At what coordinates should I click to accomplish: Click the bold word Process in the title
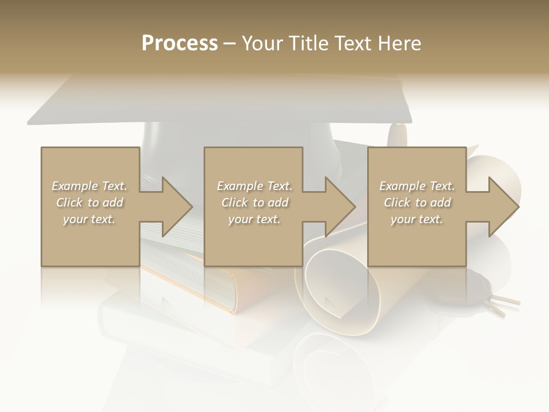pos(180,43)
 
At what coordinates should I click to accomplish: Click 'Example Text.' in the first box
pos(89,186)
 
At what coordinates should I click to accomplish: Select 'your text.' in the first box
pos(89,219)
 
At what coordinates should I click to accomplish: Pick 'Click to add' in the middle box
pos(254,203)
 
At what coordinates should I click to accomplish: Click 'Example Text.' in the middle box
pos(254,186)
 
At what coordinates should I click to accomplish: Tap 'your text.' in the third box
pos(417,219)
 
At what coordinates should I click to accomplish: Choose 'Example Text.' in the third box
pos(417,186)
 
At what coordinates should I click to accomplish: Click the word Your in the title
pos(262,43)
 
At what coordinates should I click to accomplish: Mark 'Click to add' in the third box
pos(417,203)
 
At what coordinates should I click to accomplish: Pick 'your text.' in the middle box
pos(254,219)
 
